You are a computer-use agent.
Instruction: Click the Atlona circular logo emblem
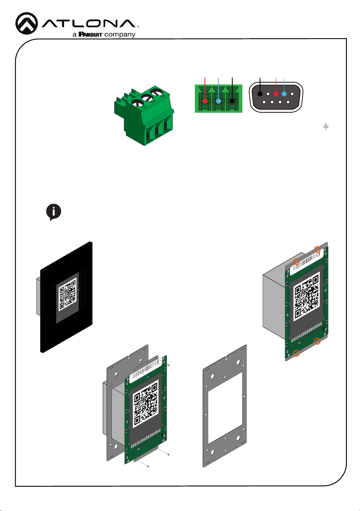coord(27,23)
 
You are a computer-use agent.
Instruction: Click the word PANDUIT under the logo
coord(90,34)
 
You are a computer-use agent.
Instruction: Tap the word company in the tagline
coord(120,35)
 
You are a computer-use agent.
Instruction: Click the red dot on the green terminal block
coord(205,101)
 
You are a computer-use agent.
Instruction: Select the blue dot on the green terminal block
coord(218,101)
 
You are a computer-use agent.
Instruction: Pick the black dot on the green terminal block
coord(232,101)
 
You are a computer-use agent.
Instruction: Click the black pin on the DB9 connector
coord(260,94)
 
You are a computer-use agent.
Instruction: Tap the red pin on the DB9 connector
coord(276,94)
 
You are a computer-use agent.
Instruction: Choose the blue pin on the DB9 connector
coord(284,94)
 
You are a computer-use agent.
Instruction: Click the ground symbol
coord(326,126)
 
